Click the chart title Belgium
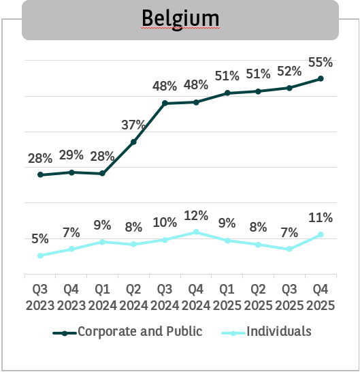coord(180,17)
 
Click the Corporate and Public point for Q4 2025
coord(321,78)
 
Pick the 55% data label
coord(320,62)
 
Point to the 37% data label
coord(133,125)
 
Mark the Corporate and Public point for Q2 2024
coord(133,142)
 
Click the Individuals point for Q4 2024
coord(196,232)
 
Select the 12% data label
coord(196,215)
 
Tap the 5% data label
coord(40,238)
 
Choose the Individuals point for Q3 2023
coord(40,255)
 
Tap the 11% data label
coord(320,218)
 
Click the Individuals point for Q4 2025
coord(321,234)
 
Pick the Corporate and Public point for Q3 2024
coord(165,103)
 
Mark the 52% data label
coord(290,71)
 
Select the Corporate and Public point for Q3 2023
coord(40,175)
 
